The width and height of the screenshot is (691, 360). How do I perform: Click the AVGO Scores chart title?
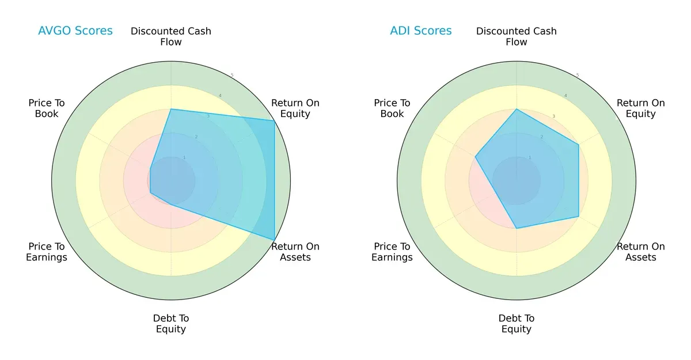(x=75, y=31)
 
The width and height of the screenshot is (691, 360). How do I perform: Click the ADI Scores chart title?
(x=421, y=31)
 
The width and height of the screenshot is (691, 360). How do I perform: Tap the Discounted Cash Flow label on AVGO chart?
(x=171, y=36)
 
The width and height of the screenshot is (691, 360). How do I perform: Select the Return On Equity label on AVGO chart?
(x=295, y=108)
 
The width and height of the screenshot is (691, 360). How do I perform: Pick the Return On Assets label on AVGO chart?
(x=295, y=252)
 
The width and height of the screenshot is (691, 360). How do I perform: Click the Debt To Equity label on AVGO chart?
(x=171, y=324)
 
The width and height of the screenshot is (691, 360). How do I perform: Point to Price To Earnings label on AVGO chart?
(x=47, y=252)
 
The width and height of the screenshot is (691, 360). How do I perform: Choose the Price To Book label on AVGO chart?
(x=47, y=108)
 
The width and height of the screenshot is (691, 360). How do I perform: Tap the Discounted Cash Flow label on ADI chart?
(x=517, y=36)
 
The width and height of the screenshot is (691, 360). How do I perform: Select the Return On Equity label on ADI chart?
(x=641, y=108)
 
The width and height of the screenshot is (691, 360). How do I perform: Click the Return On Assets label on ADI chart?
(x=641, y=252)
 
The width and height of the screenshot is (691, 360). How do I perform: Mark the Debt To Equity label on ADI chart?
(x=517, y=324)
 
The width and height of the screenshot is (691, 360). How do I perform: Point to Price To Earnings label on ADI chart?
(x=392, y=252)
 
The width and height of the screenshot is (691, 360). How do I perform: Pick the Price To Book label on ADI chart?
(x=392, y=108)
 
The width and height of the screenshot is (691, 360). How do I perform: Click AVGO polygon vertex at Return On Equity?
(x=274, y=120)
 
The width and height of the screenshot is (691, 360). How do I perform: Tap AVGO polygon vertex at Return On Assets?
(x=274, y=240)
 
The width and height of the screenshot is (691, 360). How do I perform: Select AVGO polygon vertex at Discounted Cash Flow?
(x=171, y=109)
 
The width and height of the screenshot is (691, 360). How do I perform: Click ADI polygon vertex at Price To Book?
(x=476, y=157)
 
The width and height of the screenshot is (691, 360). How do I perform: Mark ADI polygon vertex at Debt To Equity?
(x=517, y=228)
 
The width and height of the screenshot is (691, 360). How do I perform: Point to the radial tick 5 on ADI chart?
(x=577, y=75)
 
